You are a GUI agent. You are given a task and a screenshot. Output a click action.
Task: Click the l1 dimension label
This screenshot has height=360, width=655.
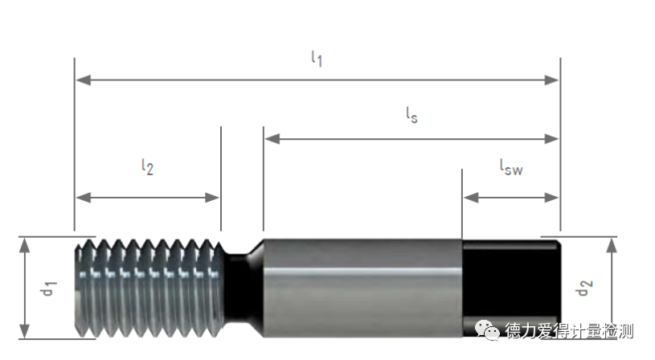[x=317, y=59]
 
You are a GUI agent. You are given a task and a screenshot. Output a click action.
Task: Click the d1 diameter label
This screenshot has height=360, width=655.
[x=49, y=287]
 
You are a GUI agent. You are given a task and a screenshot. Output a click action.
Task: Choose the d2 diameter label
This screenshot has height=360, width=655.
[x=584, y=287]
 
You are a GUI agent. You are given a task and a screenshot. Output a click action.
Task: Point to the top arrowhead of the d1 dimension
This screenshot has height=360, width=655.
[x=25, y=244]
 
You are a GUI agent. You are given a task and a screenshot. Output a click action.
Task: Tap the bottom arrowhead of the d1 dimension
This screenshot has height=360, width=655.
[x=25, y=330]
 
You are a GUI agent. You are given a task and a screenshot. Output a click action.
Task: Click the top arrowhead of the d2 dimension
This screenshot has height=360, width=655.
[x=612, y=244]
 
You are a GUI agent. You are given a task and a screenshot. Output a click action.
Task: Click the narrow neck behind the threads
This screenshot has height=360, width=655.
[x=239, y=287]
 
